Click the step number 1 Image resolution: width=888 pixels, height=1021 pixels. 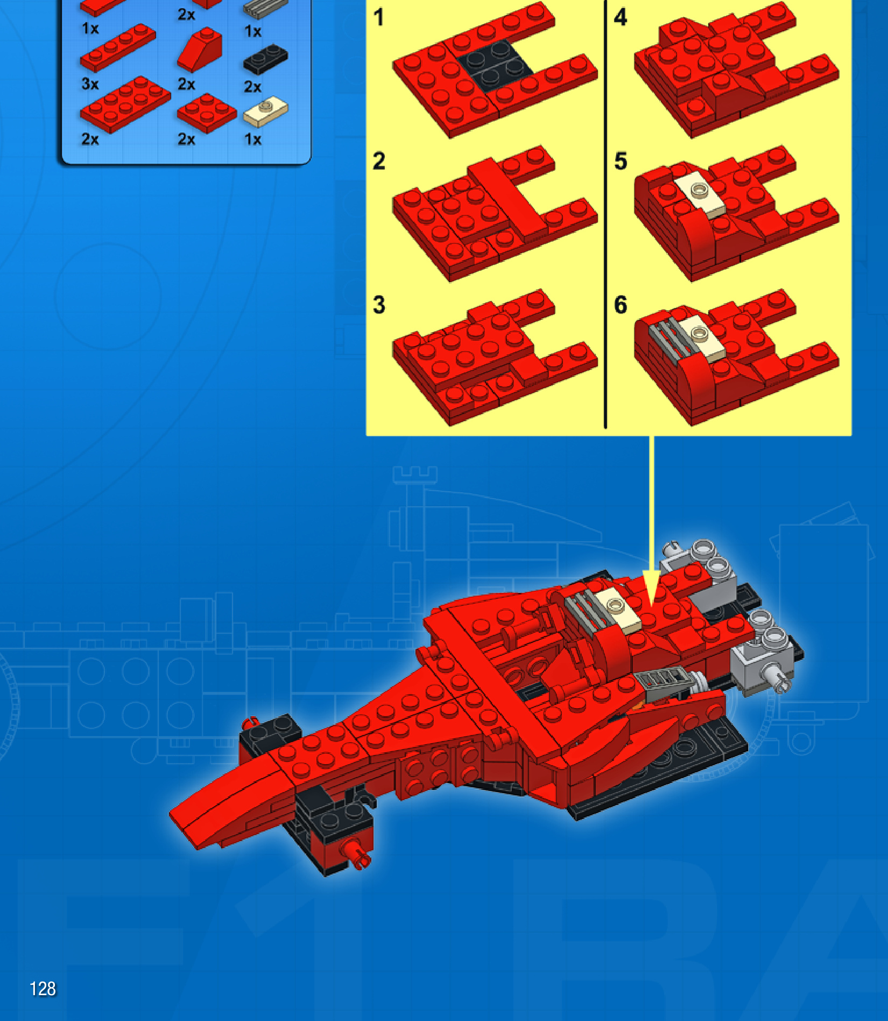tap(379, 18)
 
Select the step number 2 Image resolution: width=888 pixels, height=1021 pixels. tap(379, 161)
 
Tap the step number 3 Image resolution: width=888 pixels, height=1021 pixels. tap(379, 305)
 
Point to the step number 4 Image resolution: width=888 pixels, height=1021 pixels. tap(621, 18)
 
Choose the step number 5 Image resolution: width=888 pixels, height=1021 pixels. tap(621, 161)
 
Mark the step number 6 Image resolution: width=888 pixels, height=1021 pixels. tap(621, 305)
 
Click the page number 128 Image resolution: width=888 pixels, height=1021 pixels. tap(43, 989)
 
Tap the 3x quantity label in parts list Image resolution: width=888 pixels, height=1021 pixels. tap(90, 84)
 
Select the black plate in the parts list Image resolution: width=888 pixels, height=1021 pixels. tap(265, 59)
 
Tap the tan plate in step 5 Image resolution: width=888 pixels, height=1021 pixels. tap(700, 194)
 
